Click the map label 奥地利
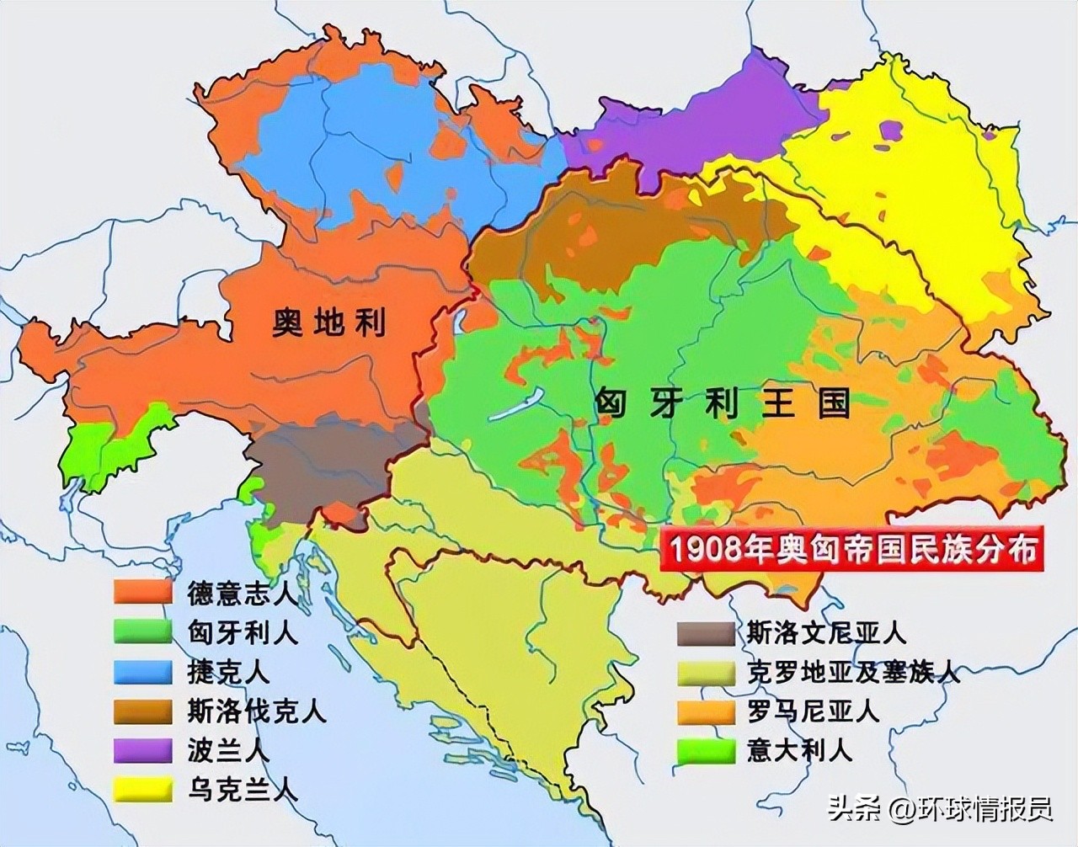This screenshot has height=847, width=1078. point(328,322)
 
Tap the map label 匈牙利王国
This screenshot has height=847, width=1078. point(722,403)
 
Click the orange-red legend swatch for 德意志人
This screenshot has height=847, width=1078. point(143,592)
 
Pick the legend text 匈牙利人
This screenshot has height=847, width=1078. point(242,631)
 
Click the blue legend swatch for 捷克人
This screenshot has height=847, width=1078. point(143,671)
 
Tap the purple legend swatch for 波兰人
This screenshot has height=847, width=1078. point(143,750)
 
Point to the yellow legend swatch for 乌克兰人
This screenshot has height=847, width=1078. point(143,790)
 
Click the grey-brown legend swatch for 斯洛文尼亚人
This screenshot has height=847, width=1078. point(706,632)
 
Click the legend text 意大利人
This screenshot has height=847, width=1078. point(799,749)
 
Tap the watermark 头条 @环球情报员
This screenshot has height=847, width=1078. point(940,810)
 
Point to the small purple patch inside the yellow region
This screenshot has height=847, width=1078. point(890,130)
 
